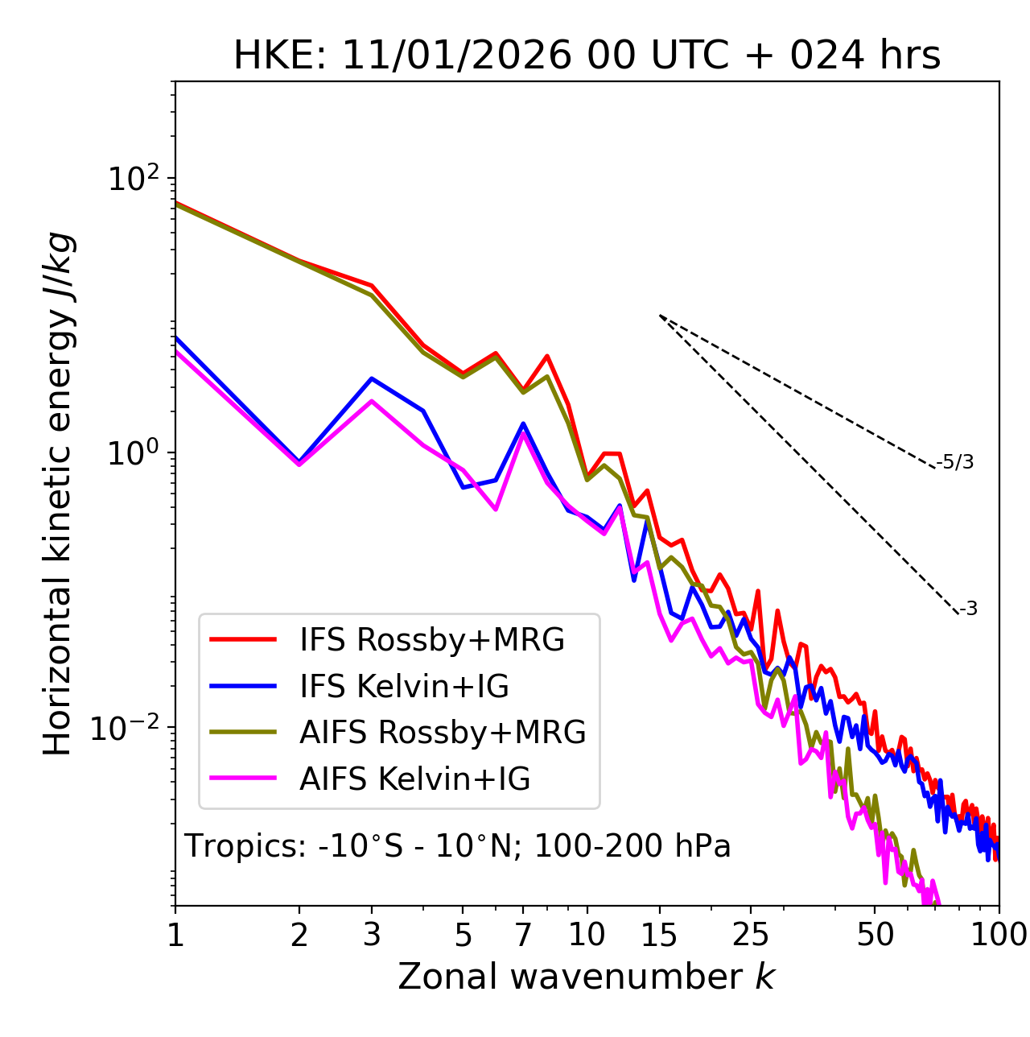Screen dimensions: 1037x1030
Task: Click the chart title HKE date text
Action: tap(587, 56)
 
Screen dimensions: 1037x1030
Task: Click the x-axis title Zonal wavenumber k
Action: tap(586, 977)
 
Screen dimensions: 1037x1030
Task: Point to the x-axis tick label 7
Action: tap(523, 934)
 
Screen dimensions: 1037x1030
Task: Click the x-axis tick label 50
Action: tap(875, 934)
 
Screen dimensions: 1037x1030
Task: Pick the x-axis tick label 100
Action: tap(999, 934)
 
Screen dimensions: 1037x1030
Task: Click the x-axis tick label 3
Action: tap(372, 934)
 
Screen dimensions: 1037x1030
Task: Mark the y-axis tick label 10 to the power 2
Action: tap(134, 178)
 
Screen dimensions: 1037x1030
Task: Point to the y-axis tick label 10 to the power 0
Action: tap(134, 452)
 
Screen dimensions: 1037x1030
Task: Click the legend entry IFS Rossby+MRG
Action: tap(431, 639)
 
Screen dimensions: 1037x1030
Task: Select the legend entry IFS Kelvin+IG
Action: tap(404, 686)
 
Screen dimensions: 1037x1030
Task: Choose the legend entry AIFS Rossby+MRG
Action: tap(443, 733)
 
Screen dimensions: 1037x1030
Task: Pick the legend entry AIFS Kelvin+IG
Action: tap(414, 779)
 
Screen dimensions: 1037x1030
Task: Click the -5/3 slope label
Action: tap(956, 462)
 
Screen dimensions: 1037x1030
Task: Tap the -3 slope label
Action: tap(968, 609)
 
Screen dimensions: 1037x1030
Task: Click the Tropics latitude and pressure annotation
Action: tap(457, 846)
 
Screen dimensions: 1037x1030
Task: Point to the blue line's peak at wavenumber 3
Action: tap(372, 378)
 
